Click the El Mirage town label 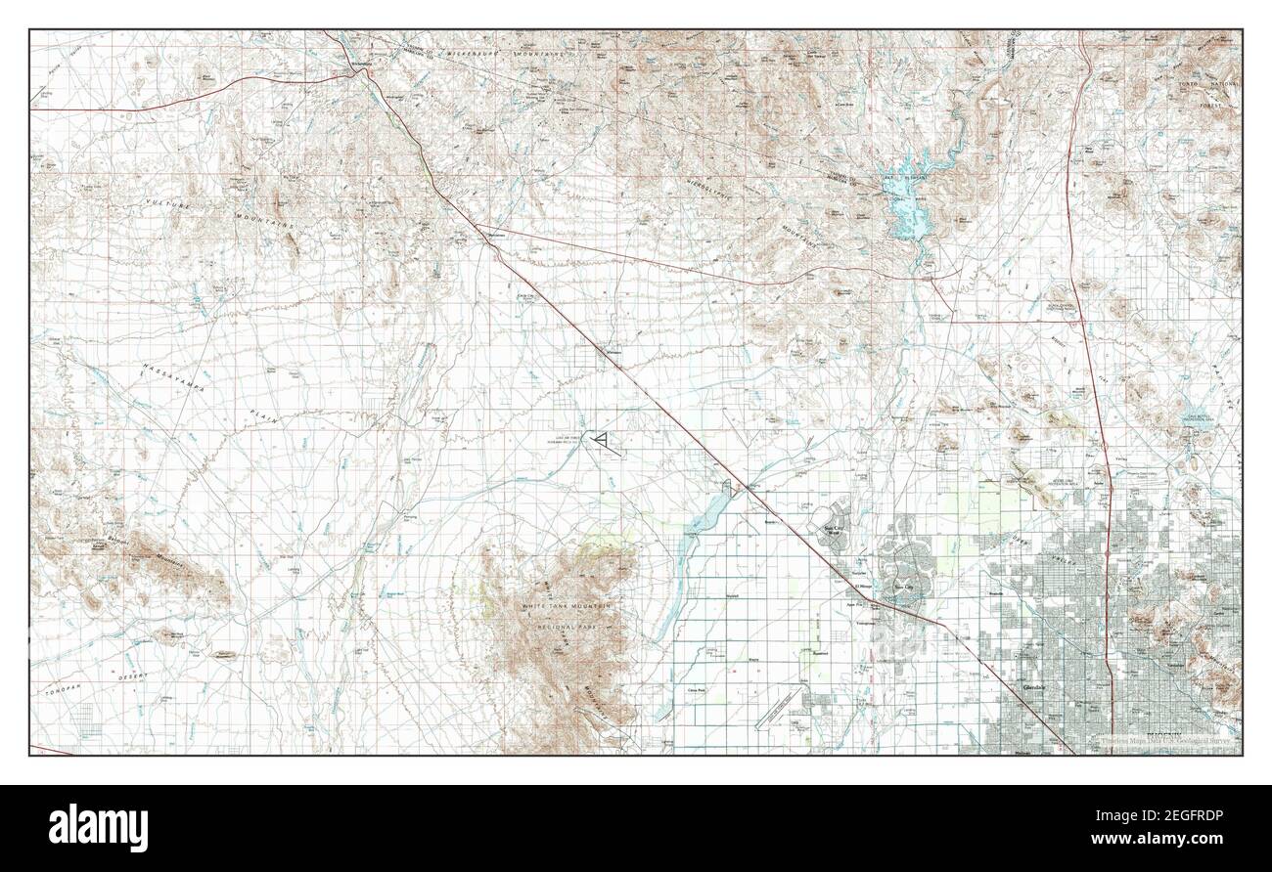pyautogui.click(x=864, y=587)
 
